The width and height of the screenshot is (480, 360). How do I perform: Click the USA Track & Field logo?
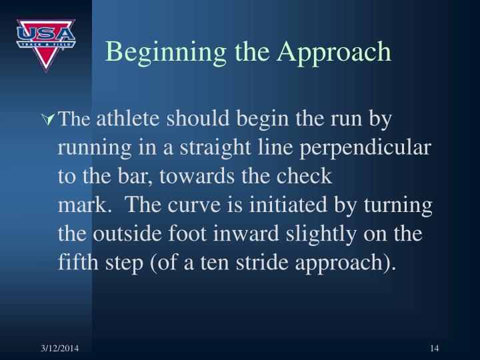pos(45,44)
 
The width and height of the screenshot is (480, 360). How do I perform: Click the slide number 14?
pos(435,347)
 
